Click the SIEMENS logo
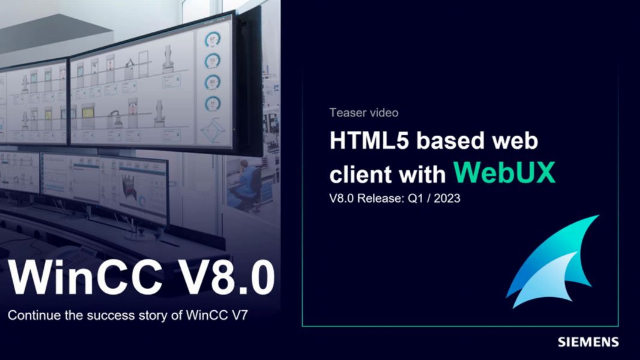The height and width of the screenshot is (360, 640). tap(588, 341)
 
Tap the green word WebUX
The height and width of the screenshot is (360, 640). tap(504, 172)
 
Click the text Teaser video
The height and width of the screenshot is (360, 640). tap(364, 113)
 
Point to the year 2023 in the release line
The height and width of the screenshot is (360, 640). tap(447, 198)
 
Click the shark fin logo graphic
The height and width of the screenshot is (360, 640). tap(552, 262)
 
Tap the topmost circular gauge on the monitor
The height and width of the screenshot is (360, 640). tap(213, 40)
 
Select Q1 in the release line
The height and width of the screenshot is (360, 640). tap(415, 198)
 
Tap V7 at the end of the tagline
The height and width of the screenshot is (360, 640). tap(240, 315)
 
